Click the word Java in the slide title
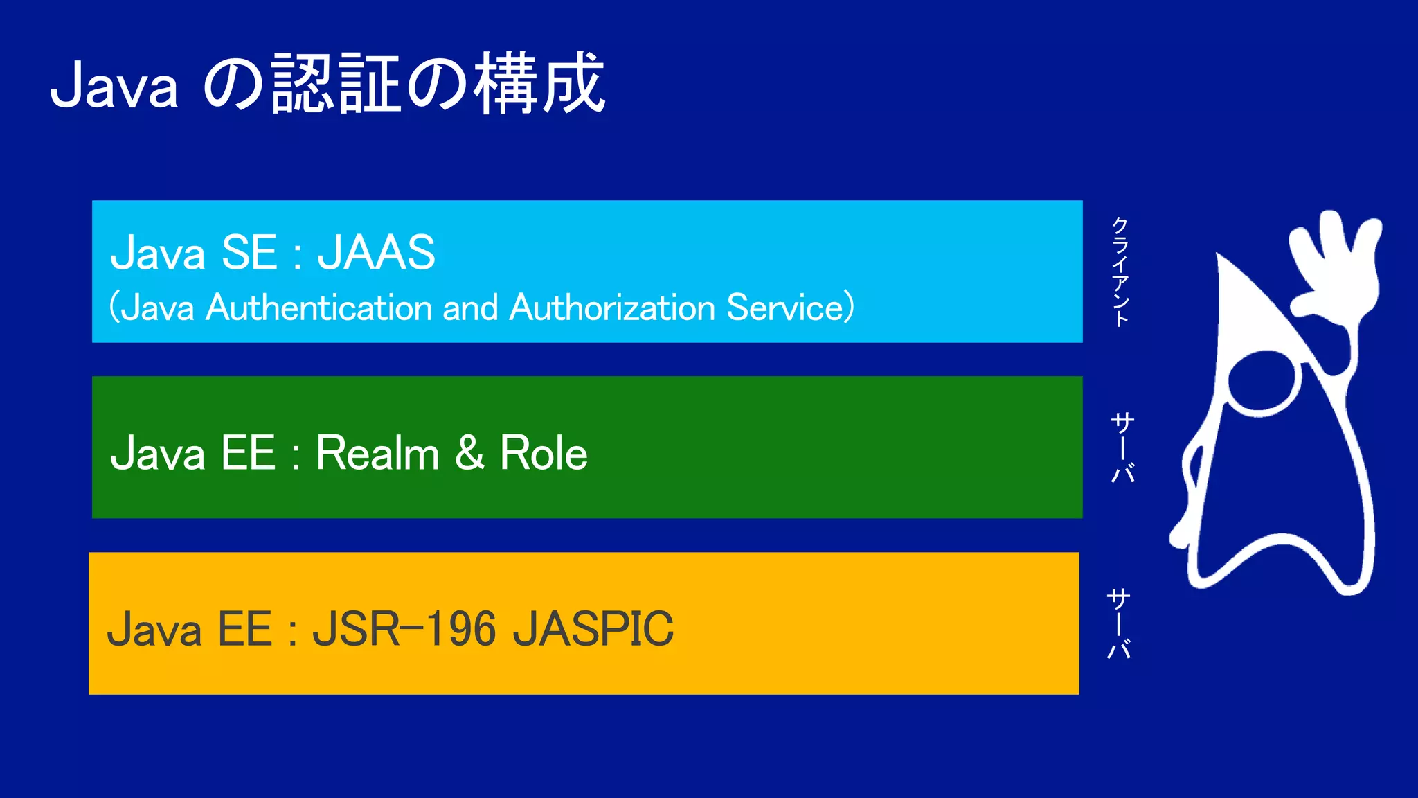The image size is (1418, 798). point(114,86)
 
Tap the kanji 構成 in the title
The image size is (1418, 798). point(540,85)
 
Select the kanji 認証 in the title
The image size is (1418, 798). point(336,85)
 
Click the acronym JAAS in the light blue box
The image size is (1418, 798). point(376,252)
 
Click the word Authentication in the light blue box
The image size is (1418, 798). point(318,308)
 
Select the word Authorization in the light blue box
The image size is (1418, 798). point(612,308)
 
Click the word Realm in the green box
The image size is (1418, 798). point(377,454)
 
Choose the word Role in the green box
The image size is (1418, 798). point(544,454)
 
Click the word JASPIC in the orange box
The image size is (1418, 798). point(593,629)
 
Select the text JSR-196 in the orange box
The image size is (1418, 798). point(404,629)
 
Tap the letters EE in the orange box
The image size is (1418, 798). point(244,629)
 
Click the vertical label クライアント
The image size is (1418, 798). point(1120,271)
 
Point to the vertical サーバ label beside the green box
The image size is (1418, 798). point(1122,447)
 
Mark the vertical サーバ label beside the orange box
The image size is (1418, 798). point(1119,623)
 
